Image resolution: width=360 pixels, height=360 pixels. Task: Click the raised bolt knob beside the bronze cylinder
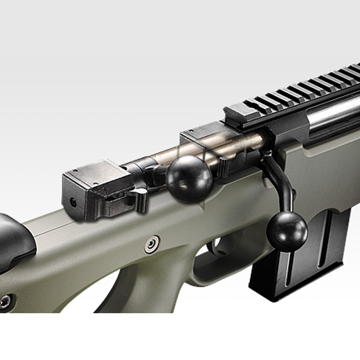pyautogui.click(x=189, y=178)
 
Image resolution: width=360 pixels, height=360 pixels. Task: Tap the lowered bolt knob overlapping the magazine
pyautogui.click(x=287, y=231)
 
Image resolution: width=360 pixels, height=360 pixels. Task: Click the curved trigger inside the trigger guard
pyautogui.click(x=213, y=248)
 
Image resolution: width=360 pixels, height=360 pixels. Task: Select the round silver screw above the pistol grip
pyautogui.click(x=152, y=244)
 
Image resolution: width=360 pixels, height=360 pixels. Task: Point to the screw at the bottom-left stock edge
pyautogui.click(x=5, y=302)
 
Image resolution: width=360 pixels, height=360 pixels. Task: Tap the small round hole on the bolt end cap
pyautogui.click(x=73, y=202)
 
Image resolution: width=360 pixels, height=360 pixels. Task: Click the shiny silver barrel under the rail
pyautogui.click(x=335, y=115)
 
